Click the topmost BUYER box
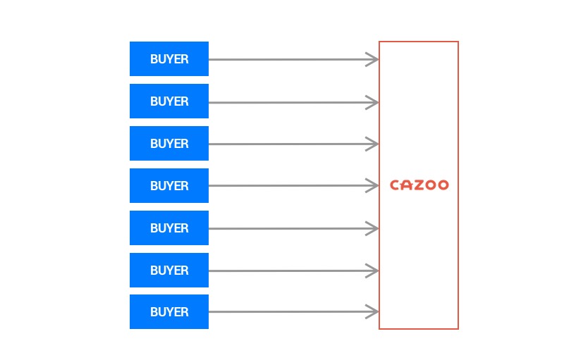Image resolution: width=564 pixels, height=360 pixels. click(x=169, y=59)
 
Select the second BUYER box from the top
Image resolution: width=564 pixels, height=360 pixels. click(x=169, y=101)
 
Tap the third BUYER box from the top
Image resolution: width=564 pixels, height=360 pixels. click(x=169, y=143)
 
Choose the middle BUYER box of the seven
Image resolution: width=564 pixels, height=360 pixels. click(x=169, y=186)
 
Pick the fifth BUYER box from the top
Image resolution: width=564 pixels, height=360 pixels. click(x=169, y=228)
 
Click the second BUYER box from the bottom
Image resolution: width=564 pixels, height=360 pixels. click(x=169, y=271)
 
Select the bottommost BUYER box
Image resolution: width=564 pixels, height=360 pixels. click(x=169, y=312)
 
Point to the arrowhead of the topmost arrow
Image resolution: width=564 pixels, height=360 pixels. click(x=372, y=60)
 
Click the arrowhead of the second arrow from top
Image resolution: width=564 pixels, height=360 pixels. click(x=372, y=102)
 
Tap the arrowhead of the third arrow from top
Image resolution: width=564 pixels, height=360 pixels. click(x=372, y=144)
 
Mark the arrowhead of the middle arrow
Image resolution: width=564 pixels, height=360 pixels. click(x=372, y=186)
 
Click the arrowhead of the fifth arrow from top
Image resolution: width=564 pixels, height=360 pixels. click(x=372, y=228)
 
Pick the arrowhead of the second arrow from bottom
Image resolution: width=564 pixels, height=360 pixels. click(x=372, y=271)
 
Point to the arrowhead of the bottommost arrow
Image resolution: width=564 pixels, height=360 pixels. click(x=372, y=312)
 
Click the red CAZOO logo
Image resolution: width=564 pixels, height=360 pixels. click(x=419, y=185)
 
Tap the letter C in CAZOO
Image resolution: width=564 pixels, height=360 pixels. click(x=395, y=185)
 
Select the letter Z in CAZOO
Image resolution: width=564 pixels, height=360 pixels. click(x=419, y=185)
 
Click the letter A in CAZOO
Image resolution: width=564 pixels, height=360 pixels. click(x=407, y=185)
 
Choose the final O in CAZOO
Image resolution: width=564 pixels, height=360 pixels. click(x=443, y=185)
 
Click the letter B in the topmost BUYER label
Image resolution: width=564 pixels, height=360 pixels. click(x=153, y=59)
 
